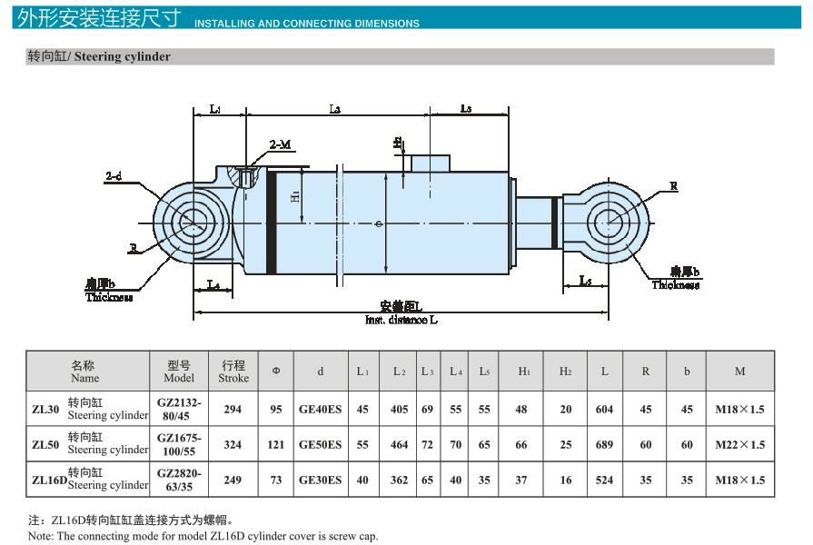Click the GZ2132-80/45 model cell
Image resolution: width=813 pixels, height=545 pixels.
[179, 409]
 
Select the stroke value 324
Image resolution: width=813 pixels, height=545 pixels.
[233, 444]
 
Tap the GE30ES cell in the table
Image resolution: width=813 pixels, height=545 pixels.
[320, 480]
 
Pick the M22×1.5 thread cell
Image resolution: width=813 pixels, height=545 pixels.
[739, 444]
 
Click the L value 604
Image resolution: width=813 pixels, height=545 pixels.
[604, 409]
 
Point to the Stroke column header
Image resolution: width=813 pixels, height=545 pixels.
[233, 372]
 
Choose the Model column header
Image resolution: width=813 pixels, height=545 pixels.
[179, 372]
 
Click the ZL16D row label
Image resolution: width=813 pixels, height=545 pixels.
[47, 480]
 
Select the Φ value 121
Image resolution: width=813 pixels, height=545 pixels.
[276, 444]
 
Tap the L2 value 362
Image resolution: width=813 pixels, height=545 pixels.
[399, 480]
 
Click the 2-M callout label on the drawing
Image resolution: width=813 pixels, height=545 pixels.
[280, 144]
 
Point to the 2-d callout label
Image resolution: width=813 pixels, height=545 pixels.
[114, 174]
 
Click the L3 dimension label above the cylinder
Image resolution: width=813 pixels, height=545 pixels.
[465, 109]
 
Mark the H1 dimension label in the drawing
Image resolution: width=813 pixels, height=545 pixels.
[295, 197]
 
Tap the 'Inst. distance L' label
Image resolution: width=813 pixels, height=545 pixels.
[401, 320]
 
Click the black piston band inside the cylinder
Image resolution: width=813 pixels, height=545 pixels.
[271, 222]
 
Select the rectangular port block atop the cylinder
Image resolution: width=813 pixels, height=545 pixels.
[431, 163]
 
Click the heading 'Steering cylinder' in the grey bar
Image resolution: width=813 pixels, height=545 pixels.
[122, 56]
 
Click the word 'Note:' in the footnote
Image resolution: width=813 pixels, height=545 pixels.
[41, 536]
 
